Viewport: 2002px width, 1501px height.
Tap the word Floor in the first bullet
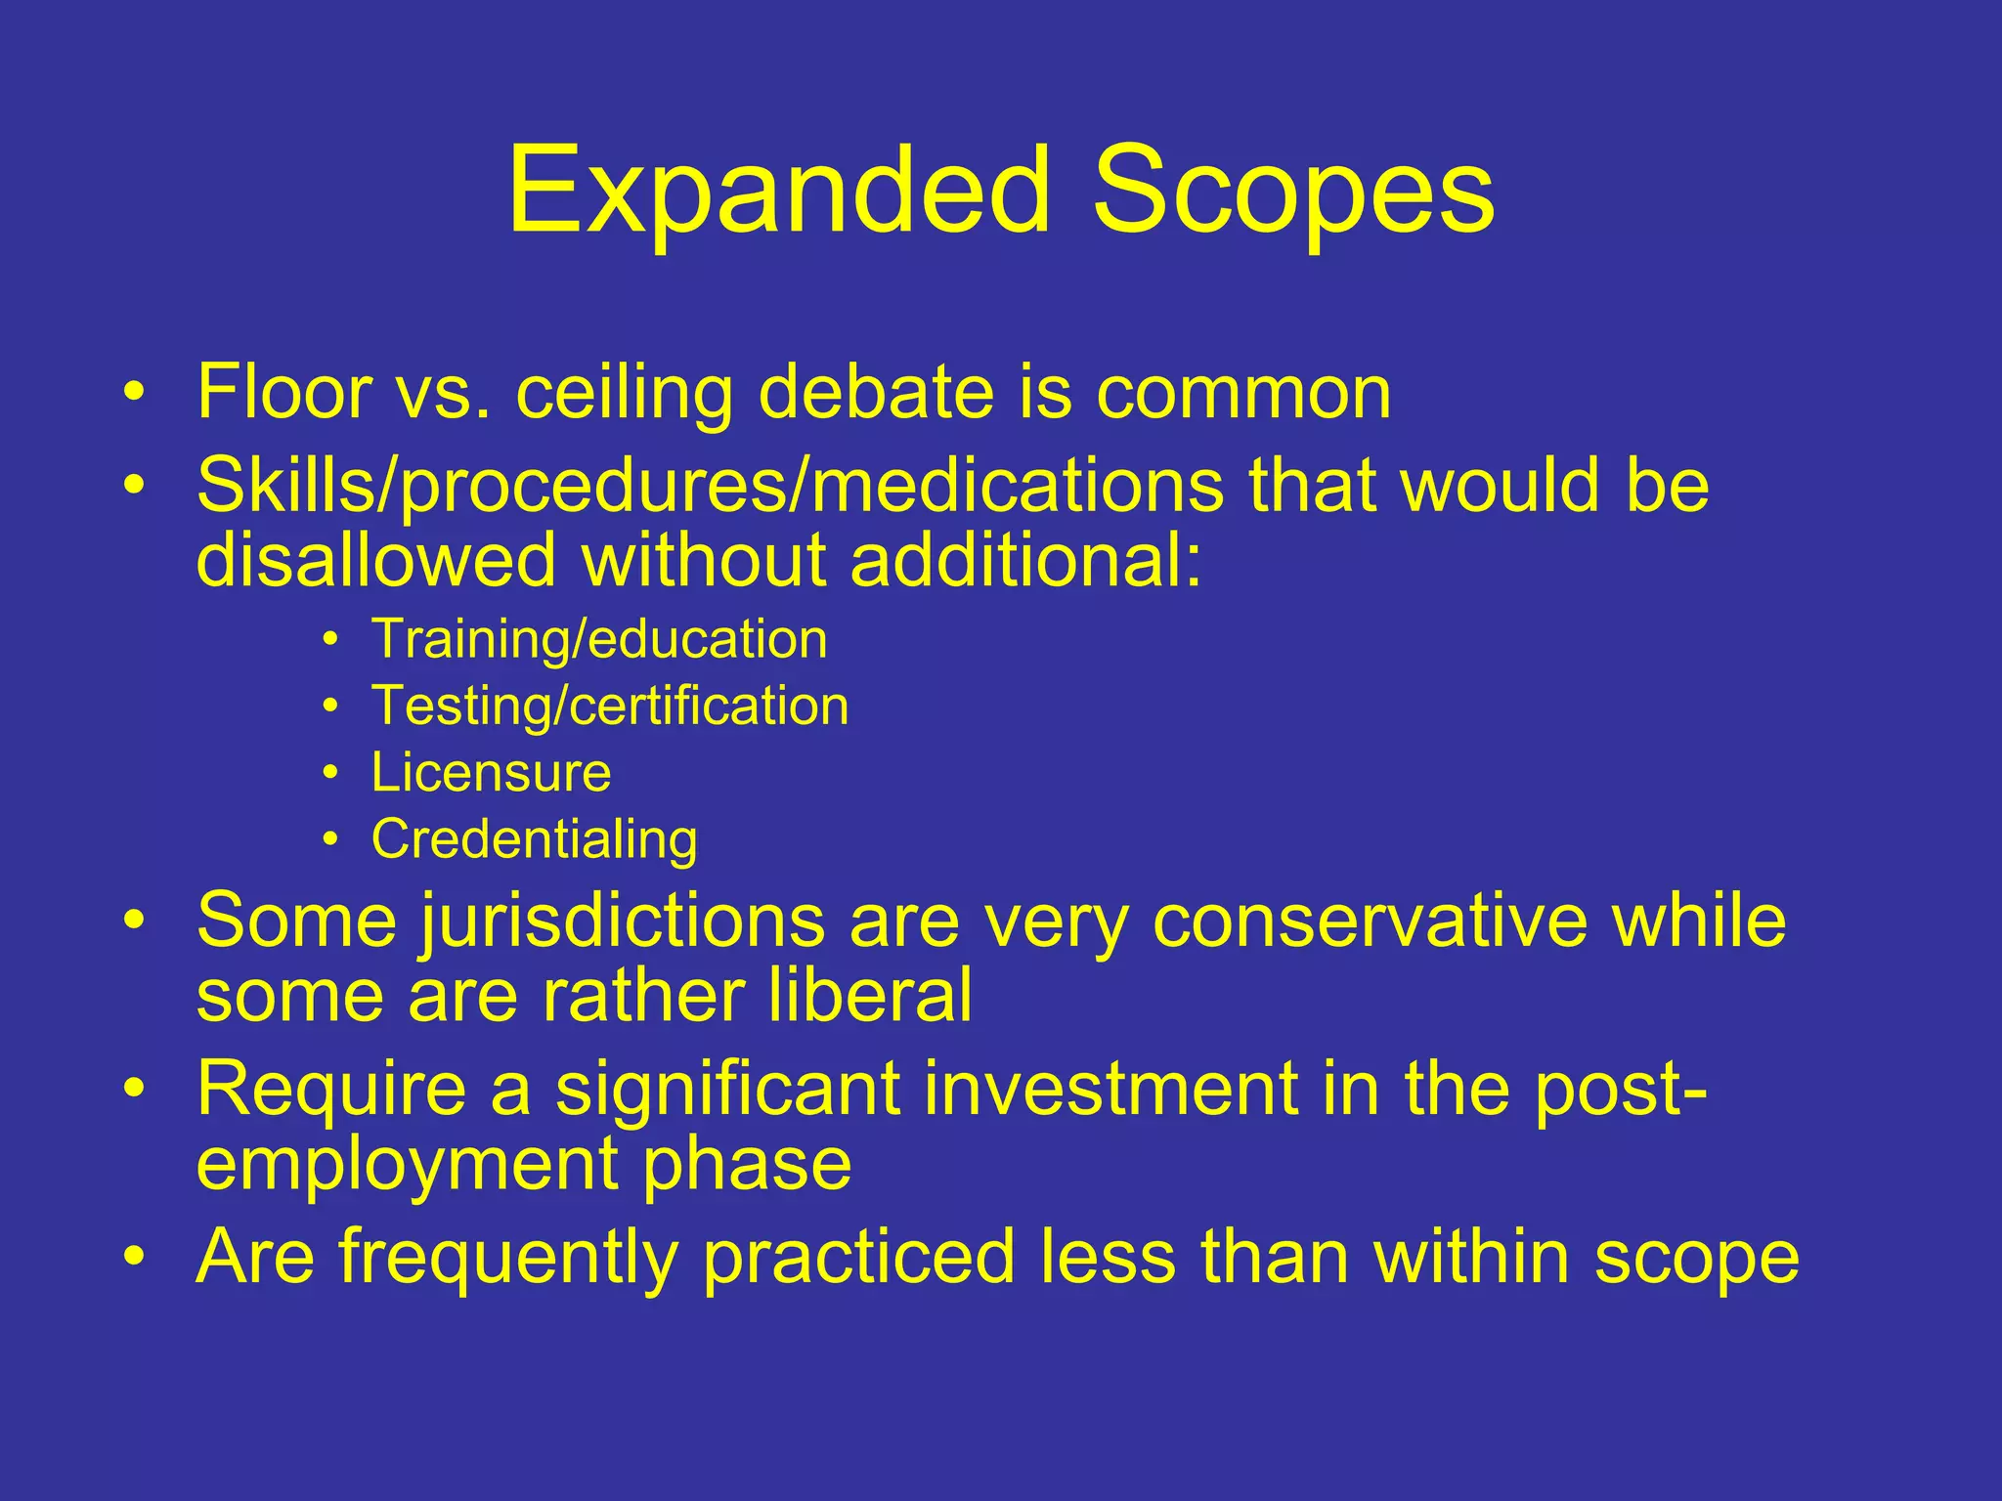(283, 393)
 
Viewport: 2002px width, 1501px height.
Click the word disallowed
(375, 561)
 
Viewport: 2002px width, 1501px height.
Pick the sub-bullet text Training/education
(598, 640)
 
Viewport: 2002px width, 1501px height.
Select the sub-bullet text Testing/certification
(609, 707)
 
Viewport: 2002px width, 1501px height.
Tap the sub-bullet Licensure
(491, 773)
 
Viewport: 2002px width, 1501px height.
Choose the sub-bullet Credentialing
(534, 839)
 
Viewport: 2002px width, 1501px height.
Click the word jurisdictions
(623, 922)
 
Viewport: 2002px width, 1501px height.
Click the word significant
(727, 1090)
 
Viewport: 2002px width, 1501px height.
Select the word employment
(406, 1165)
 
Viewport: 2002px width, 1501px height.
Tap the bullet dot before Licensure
(331, 774)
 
